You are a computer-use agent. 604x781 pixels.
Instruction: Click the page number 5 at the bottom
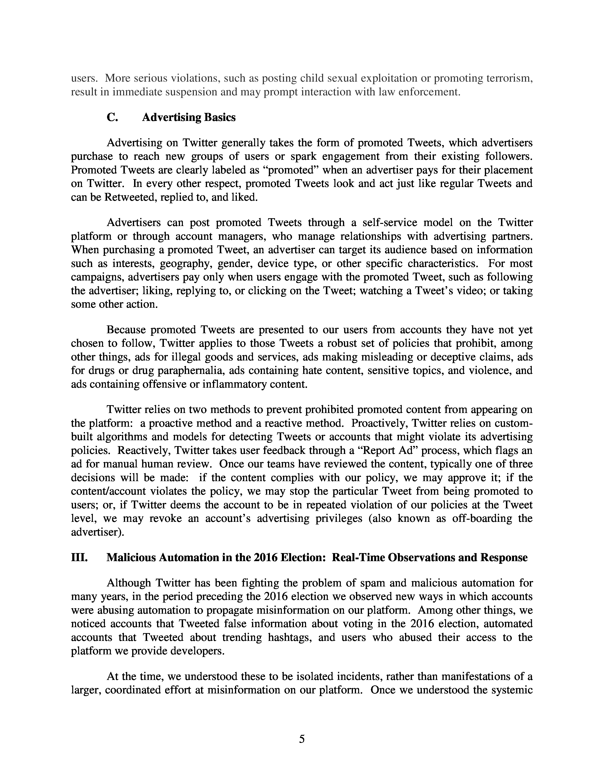point(302,739)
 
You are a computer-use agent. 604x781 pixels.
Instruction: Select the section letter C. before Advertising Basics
point(112,117)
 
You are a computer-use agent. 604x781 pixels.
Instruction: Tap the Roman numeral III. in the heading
point(79,558)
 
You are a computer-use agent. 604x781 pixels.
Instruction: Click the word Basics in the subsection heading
point(220,117)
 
